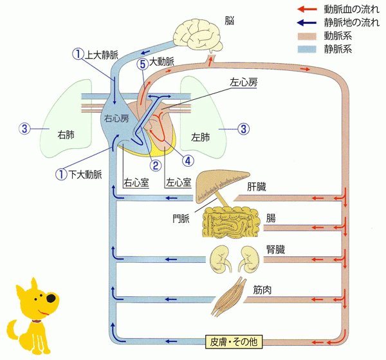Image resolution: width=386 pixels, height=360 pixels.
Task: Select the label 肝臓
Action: coord(259,187)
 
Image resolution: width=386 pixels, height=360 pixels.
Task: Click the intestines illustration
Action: coord(232,223)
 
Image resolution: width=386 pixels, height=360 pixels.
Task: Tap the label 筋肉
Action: coord(262,290)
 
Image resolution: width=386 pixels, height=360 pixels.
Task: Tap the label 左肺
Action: coord(201,137)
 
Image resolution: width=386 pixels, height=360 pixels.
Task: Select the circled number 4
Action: coord(188,159)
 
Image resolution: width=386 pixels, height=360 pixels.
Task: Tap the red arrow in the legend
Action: coord(307,10)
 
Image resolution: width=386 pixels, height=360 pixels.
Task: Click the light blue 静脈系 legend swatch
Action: coord(307,48)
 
